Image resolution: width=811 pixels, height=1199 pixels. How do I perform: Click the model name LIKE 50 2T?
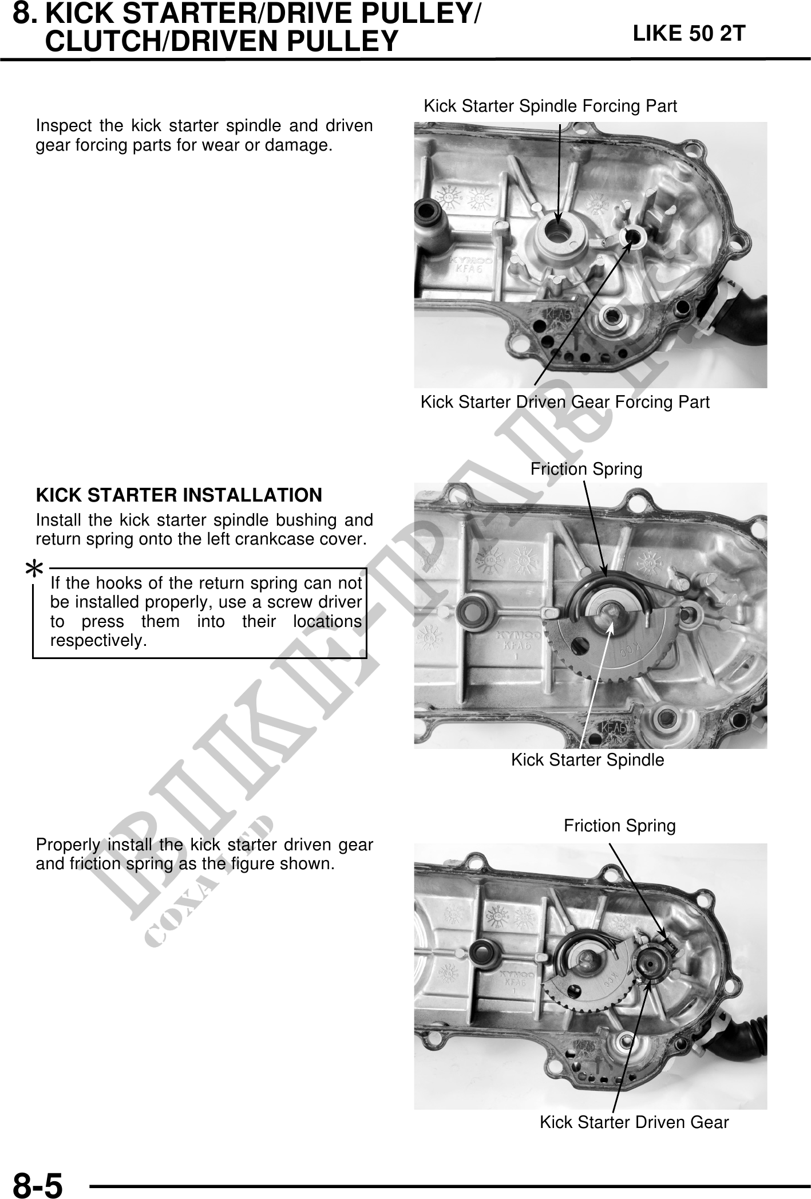click(x=689, y=34)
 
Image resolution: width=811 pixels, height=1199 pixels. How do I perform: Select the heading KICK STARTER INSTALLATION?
click(x=179, y=495)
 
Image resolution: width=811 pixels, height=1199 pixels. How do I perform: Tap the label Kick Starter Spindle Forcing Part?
click(x=550, y=106)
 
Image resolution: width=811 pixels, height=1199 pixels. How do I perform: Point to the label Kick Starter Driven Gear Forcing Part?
click(x=565, y=402)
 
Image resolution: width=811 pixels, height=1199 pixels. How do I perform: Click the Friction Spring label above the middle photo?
click(x=586, y=470)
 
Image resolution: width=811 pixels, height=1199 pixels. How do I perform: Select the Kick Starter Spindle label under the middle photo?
click(x=587, y=760)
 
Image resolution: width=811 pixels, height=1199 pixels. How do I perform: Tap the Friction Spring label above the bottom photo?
click(x=620, y=826)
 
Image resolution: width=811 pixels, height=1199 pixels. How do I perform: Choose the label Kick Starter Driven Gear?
click(x=634, y=1122)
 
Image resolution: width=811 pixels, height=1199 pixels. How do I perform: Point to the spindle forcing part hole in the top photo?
click(x=556, y=232)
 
